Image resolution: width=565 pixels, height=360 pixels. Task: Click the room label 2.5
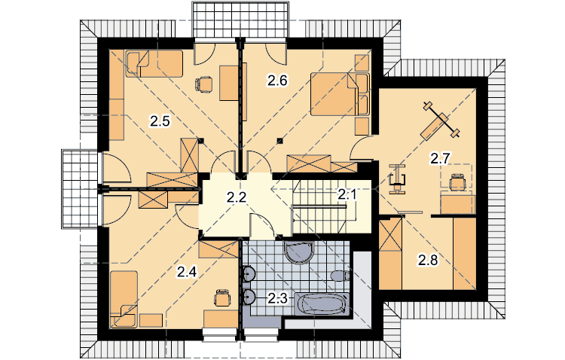coord(160,121)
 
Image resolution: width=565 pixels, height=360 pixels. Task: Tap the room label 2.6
coord(277,81)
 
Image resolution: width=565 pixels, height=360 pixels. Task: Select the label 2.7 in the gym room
coord(440,158)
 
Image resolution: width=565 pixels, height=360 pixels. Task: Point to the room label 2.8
coord(428,260)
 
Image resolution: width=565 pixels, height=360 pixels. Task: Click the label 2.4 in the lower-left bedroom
coord(187,272)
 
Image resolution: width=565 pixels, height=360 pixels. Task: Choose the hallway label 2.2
coord(237,197)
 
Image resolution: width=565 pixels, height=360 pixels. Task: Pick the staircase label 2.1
coord(347,194)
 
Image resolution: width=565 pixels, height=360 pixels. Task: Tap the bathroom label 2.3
coord(277,298)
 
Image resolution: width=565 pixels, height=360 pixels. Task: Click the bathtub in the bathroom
coord(322,304)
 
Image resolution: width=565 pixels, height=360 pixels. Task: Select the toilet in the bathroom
coord(341,276)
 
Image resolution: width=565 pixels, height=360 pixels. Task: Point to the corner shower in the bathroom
coord(299,252)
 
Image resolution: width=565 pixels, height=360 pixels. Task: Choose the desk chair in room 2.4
coord(222,297)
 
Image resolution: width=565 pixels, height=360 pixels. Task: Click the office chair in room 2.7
coord(457,182)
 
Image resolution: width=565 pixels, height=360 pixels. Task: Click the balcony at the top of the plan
coord(240,19)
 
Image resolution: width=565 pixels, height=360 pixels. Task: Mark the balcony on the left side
coord(80,189)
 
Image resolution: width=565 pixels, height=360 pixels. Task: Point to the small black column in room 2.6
coord(279,141)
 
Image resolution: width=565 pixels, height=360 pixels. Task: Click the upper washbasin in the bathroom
coord(249,274)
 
